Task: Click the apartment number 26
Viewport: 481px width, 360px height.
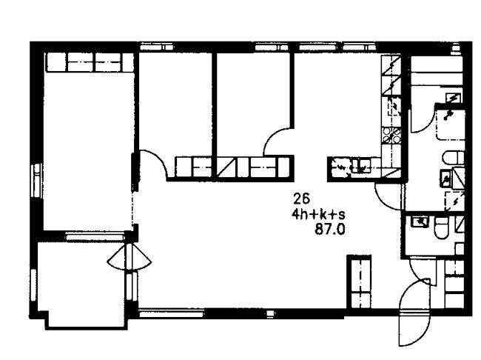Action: click(x=301, y=199)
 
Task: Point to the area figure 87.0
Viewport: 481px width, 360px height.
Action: click(x=330, y=229)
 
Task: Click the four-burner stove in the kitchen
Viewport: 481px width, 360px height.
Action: click(x=391, y=136)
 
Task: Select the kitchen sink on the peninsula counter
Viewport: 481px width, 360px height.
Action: click(x=361, y=165)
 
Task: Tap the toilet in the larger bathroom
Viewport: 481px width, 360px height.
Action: click(x=454, y=158)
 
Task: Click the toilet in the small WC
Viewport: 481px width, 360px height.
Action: click(x=441, y=228)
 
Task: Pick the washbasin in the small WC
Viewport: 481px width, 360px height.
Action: click(x=420, y=221)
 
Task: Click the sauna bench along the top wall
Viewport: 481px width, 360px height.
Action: click(x=437, y=70)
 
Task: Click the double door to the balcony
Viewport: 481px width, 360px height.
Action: click(x=129, y=257)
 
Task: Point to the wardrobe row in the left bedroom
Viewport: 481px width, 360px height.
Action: click(x=90, y=62)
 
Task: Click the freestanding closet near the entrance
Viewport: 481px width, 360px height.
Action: click(x=359, y=281)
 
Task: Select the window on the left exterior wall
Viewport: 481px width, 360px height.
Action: click(x=37, y=180)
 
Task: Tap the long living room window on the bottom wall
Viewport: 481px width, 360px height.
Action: click(x=172, y=313)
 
